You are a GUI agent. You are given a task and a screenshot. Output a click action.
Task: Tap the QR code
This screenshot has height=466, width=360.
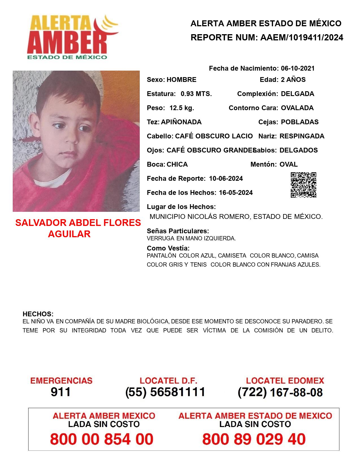[304, 185]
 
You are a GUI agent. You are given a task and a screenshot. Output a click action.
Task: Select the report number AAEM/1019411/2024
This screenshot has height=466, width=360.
[302, 38]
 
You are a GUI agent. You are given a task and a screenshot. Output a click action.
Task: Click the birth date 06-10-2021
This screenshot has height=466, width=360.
[298, 68]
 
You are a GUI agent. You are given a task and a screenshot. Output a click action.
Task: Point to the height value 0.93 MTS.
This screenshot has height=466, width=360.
[196, 94]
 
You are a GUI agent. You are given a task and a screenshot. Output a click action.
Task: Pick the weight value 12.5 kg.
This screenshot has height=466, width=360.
[182, 108]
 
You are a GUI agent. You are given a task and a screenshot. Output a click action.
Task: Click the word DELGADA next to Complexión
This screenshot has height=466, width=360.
[297, 94]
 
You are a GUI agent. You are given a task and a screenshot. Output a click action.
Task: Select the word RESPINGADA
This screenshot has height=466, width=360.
[302, 136]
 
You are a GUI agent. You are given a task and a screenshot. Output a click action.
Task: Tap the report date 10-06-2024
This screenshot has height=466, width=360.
[226, 178]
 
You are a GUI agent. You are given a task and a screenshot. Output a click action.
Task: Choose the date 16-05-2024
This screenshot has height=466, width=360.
[236, 193]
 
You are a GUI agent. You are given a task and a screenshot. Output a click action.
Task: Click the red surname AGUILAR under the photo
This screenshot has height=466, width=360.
[69, 234]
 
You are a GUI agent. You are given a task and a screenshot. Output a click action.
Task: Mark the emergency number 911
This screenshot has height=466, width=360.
[61, 392]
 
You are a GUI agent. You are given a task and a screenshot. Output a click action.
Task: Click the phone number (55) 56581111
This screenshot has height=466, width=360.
[165, 392]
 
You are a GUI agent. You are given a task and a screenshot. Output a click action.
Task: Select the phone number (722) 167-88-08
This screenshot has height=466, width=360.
[280, 392]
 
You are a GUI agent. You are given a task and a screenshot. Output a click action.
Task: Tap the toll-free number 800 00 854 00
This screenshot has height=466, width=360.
[102, 439]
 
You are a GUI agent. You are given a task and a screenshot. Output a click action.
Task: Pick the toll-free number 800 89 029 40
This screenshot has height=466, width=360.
[254, 439]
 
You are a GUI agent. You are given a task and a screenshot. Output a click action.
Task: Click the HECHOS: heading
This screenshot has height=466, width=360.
[38, 314]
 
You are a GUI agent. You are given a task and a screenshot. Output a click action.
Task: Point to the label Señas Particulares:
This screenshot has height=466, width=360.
[178, 231]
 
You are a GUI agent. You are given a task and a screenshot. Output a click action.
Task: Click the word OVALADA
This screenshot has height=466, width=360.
[297, 108]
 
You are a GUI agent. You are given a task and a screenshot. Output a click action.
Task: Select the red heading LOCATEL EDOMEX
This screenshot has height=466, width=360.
[285, 381]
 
